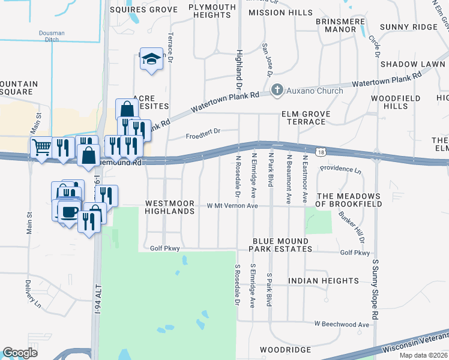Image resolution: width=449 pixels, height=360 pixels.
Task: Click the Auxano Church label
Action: coord(315,91)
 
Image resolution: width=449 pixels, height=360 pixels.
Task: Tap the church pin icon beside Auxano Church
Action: coord(277,91)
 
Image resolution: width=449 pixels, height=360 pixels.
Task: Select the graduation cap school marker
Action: coord(152,59)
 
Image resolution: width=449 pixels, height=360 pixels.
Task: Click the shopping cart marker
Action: coord(41,147)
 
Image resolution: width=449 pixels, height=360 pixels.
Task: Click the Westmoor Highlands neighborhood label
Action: coord(170,208)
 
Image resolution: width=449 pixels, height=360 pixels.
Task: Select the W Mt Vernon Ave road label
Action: coord(232,206)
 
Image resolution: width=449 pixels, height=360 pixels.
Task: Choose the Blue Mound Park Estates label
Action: coord(280,245)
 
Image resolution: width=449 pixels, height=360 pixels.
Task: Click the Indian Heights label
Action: coord(323,281)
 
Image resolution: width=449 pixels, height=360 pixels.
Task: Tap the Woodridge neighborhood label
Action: coord(285,349)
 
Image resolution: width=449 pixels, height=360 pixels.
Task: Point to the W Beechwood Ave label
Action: coord(342,324)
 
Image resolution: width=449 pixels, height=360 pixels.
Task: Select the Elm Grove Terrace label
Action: coord(304,118)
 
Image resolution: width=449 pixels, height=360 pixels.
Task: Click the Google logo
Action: coord(20,353)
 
